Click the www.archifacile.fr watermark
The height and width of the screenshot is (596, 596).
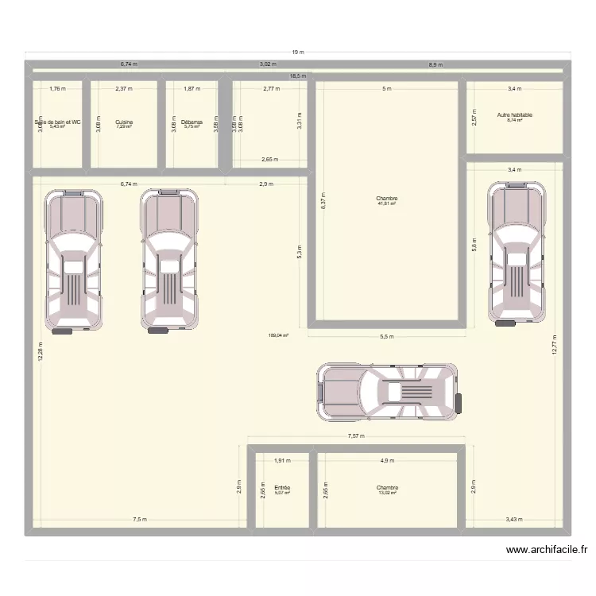click(546, 549)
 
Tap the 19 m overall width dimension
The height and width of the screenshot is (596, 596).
click(297, 52)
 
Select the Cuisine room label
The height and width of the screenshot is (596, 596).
click(124, 122)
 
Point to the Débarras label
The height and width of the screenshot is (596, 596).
click(192, 122)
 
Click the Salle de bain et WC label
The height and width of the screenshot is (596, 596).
click(57, 122)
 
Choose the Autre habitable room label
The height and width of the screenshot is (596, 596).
click(515, 115)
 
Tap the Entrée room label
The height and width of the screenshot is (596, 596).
click(281, 488)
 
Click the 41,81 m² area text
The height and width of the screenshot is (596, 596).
click(387, 204)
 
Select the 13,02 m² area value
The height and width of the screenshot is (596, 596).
click(387, 493)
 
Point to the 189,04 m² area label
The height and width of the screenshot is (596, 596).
click(278, 335)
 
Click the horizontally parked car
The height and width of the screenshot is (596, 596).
click(389, 392)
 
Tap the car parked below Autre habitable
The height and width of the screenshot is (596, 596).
click(518, 253)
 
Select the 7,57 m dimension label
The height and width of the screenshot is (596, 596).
click(355, 435)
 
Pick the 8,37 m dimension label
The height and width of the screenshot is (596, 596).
click(323, 203)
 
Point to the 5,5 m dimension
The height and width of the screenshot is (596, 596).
click(386, 337)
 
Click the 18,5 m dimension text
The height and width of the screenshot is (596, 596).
click(297, 76)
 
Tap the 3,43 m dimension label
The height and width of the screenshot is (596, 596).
click(514, 520)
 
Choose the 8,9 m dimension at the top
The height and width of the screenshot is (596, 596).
click(435, 65)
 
